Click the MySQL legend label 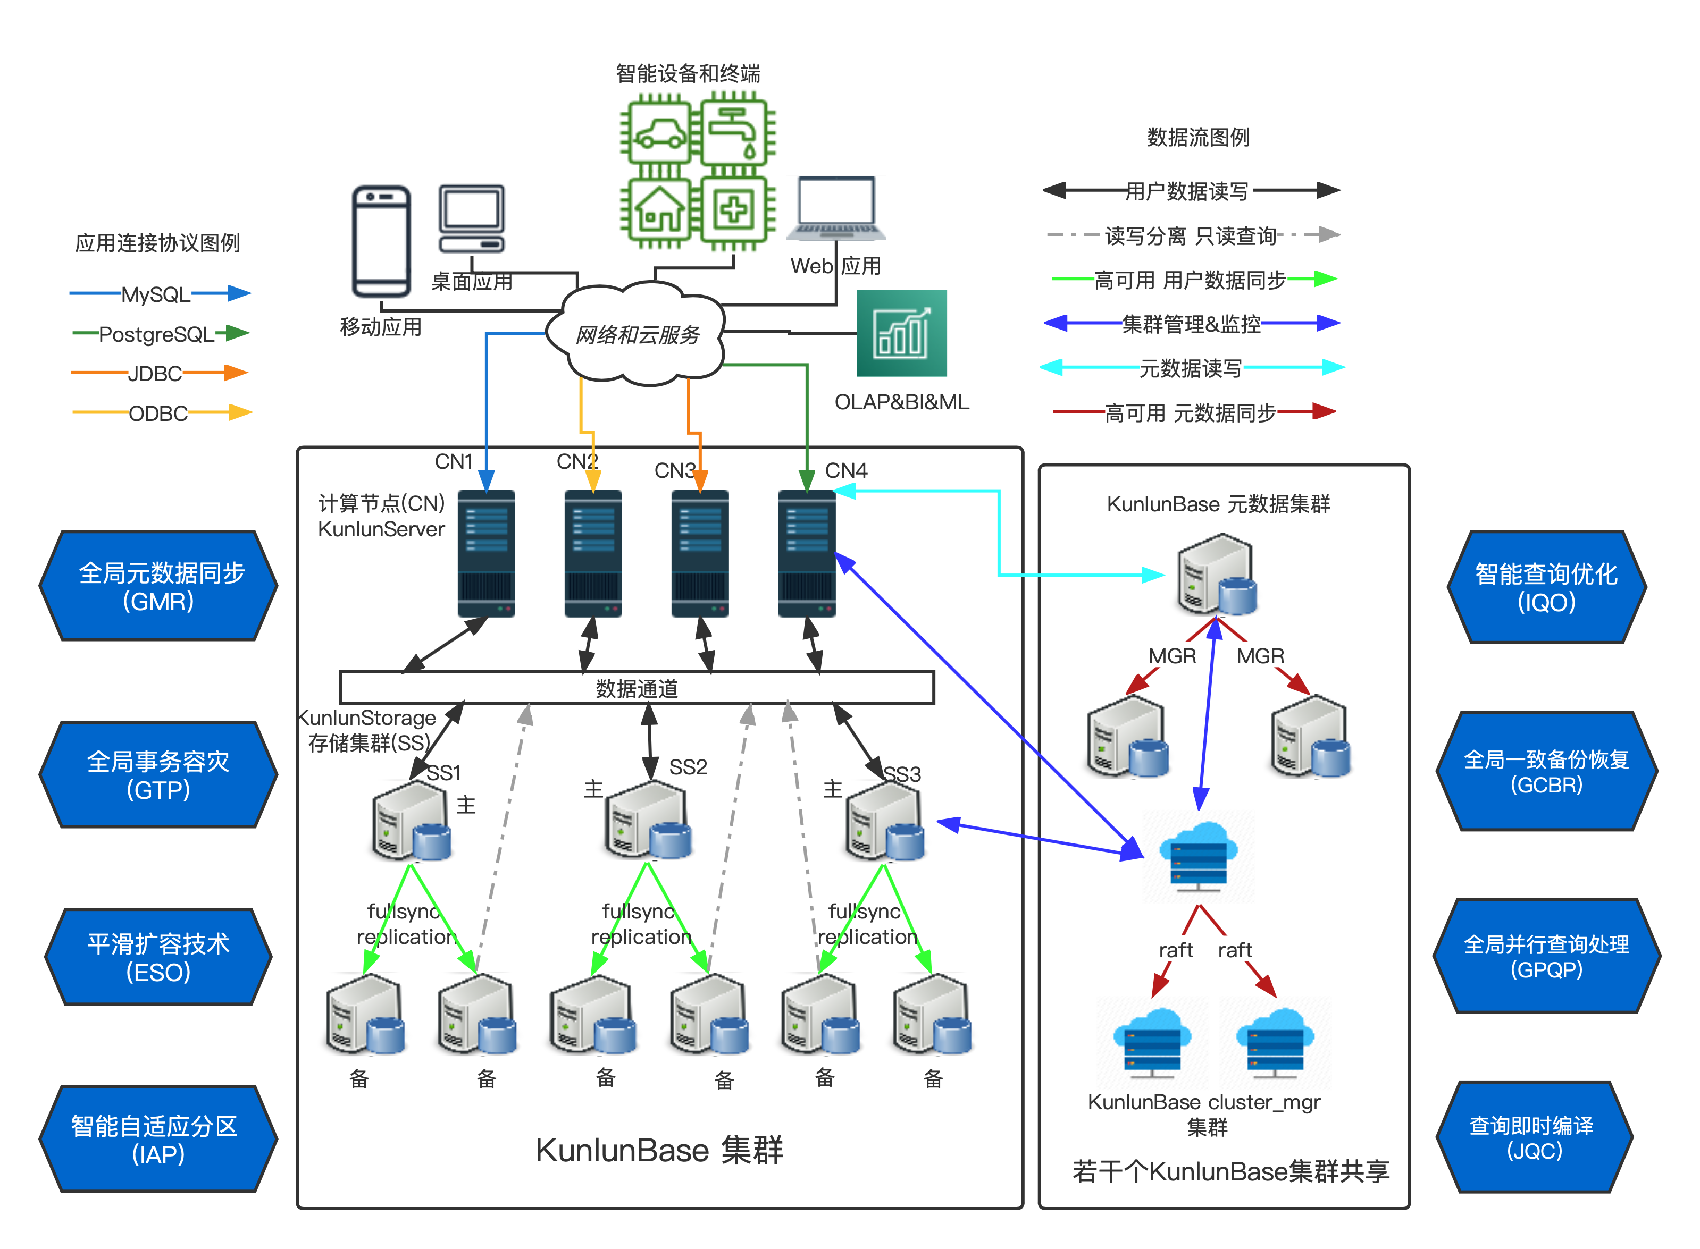point(156,293)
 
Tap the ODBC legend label point(158,413)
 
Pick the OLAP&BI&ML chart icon point(901,333)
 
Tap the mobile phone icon point(382,240)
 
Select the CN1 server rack point(486,553)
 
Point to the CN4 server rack point(807,553)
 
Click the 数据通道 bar point(637,688)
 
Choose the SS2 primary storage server point(649,820)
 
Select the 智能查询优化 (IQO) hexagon point(1546,587)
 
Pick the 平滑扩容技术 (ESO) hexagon point(158,957)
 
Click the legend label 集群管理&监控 point(1191,324)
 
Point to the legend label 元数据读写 point(1191,368)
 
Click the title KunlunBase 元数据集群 point(1218,504)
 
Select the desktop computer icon point(472,218)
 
